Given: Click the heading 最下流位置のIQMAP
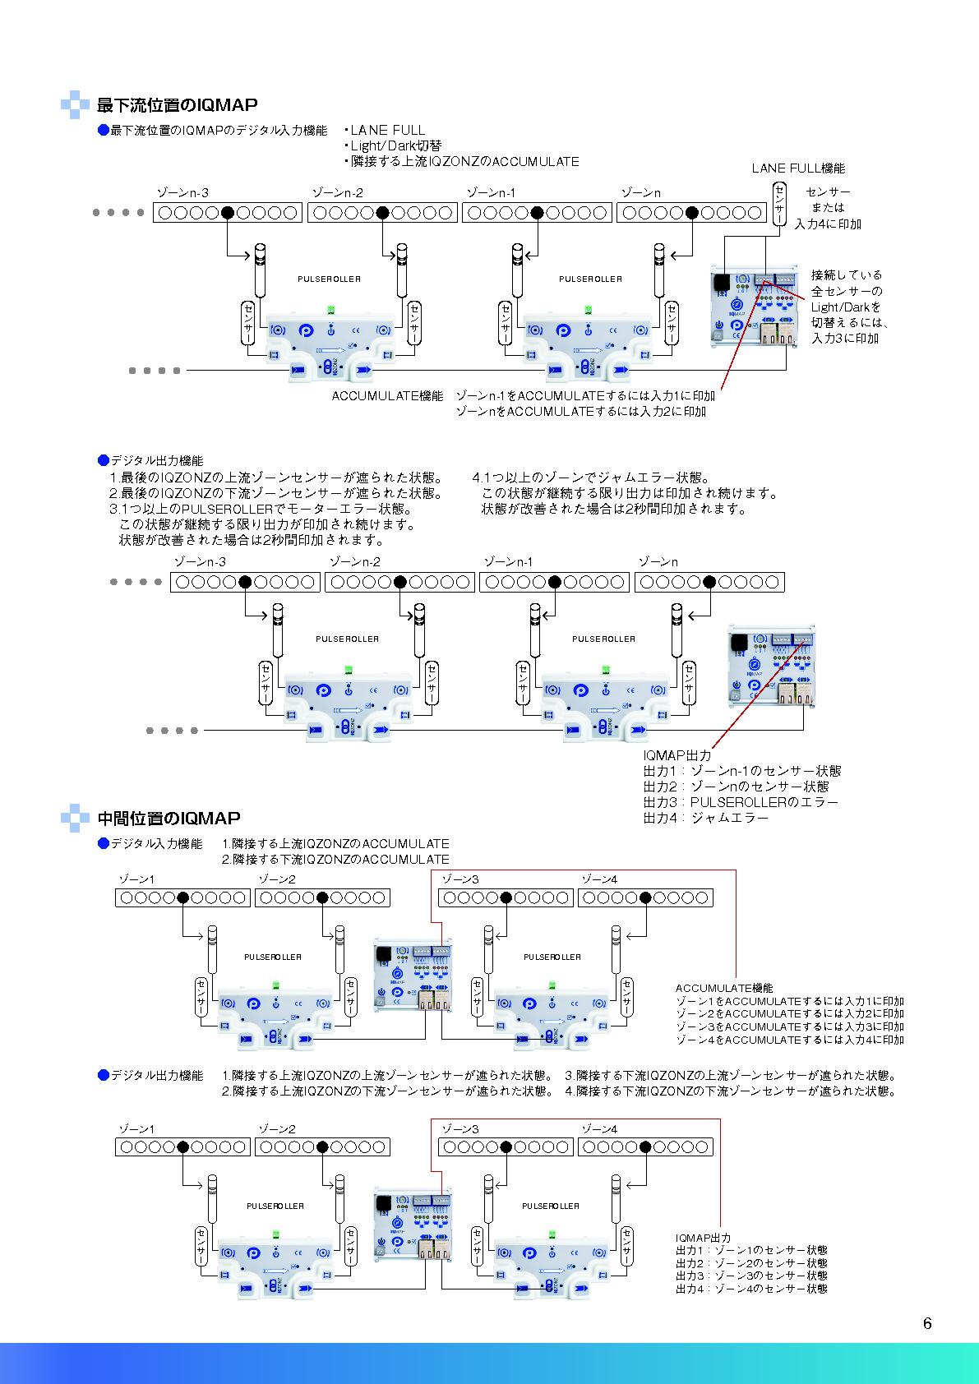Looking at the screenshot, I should (x=177, y=105).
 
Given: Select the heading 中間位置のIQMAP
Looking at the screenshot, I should (x=169, y=819).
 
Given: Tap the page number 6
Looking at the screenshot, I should (x=927, y=1323).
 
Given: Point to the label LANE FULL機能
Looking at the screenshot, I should (x=798, y=168).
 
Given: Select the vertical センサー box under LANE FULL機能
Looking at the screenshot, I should (x=779, y=205).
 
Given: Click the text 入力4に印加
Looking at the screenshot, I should (x=828, y=224).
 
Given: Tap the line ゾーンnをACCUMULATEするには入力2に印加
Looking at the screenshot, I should (x=580, y=411).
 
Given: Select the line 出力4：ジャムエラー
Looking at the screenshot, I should (x=705, y=818).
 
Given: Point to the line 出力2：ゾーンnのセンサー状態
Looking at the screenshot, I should (x=736, y=787).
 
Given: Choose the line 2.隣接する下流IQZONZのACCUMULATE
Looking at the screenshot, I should (x=335, y=859).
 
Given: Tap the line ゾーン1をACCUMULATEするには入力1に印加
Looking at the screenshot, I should (x=789, y=1001).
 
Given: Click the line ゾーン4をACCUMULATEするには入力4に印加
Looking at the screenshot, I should (x=789, y=1040).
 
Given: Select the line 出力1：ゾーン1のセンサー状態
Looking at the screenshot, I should (x=751, y=1250).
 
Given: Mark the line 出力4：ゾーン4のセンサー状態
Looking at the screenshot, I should (x=751, y=1289).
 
